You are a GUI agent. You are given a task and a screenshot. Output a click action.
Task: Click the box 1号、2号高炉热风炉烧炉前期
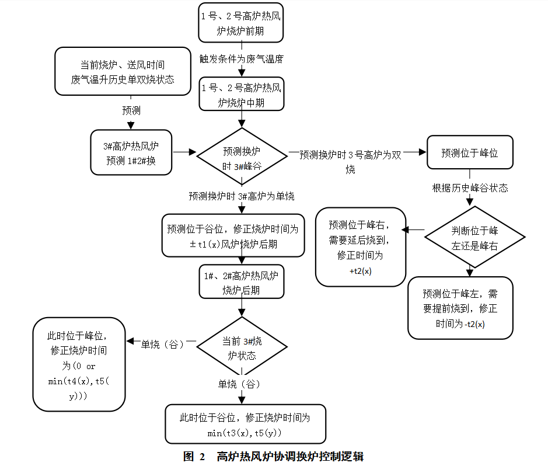point(240,24)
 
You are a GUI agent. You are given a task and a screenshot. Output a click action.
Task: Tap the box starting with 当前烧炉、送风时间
point(123,71)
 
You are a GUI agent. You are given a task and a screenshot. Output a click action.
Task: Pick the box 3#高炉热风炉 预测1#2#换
point(131,152)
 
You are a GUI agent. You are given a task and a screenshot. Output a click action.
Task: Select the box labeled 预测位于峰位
point(469,152)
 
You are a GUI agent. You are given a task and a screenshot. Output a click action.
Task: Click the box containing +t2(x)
point(360,246)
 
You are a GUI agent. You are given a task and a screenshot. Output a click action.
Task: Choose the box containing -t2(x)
point(460,307)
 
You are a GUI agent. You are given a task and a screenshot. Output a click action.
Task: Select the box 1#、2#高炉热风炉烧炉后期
point(240,282)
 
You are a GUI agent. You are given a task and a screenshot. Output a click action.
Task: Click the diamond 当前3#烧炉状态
point(242,348)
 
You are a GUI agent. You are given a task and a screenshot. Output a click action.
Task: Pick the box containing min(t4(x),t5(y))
point(79,364)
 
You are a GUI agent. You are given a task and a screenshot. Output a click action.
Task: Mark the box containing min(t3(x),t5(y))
point(245,425)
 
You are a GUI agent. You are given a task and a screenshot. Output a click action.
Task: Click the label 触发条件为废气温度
point(241,59)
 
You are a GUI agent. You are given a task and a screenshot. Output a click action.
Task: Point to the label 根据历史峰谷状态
point(469,188)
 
